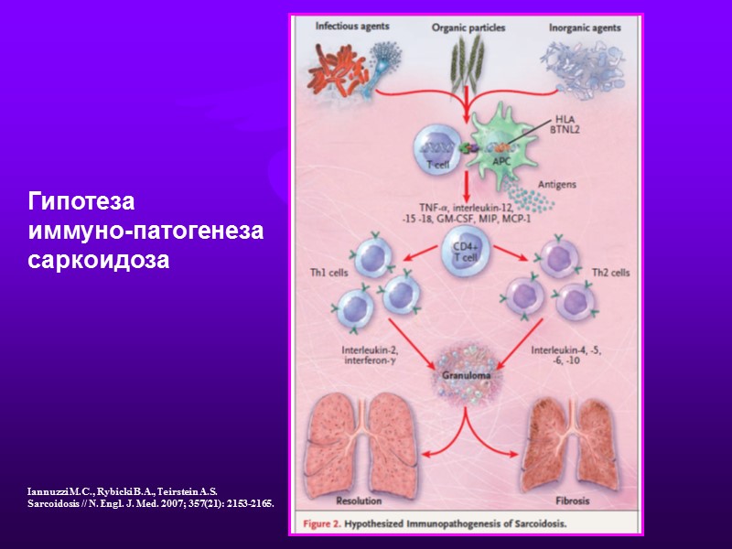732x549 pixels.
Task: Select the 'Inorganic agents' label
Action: pos(585,27)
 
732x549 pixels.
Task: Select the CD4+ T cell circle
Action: pos(467,252)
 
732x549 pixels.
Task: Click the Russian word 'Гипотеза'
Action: pos(81,199)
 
